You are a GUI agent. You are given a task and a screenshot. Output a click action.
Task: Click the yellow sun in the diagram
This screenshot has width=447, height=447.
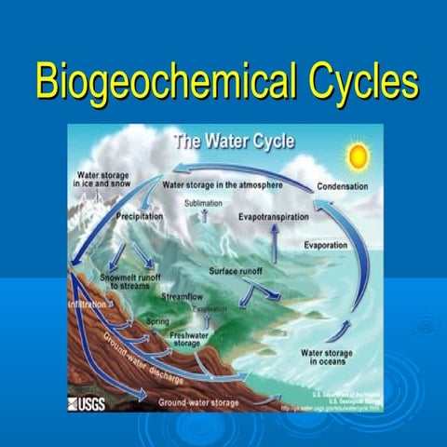pyautogui.click(x=358, y=156)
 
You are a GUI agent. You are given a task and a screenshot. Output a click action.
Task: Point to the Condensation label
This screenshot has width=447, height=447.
pyautogui.click(x=342, y=186)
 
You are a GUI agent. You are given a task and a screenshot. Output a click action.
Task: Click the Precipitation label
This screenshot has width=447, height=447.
pyautogui.click(x=140, y=216)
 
